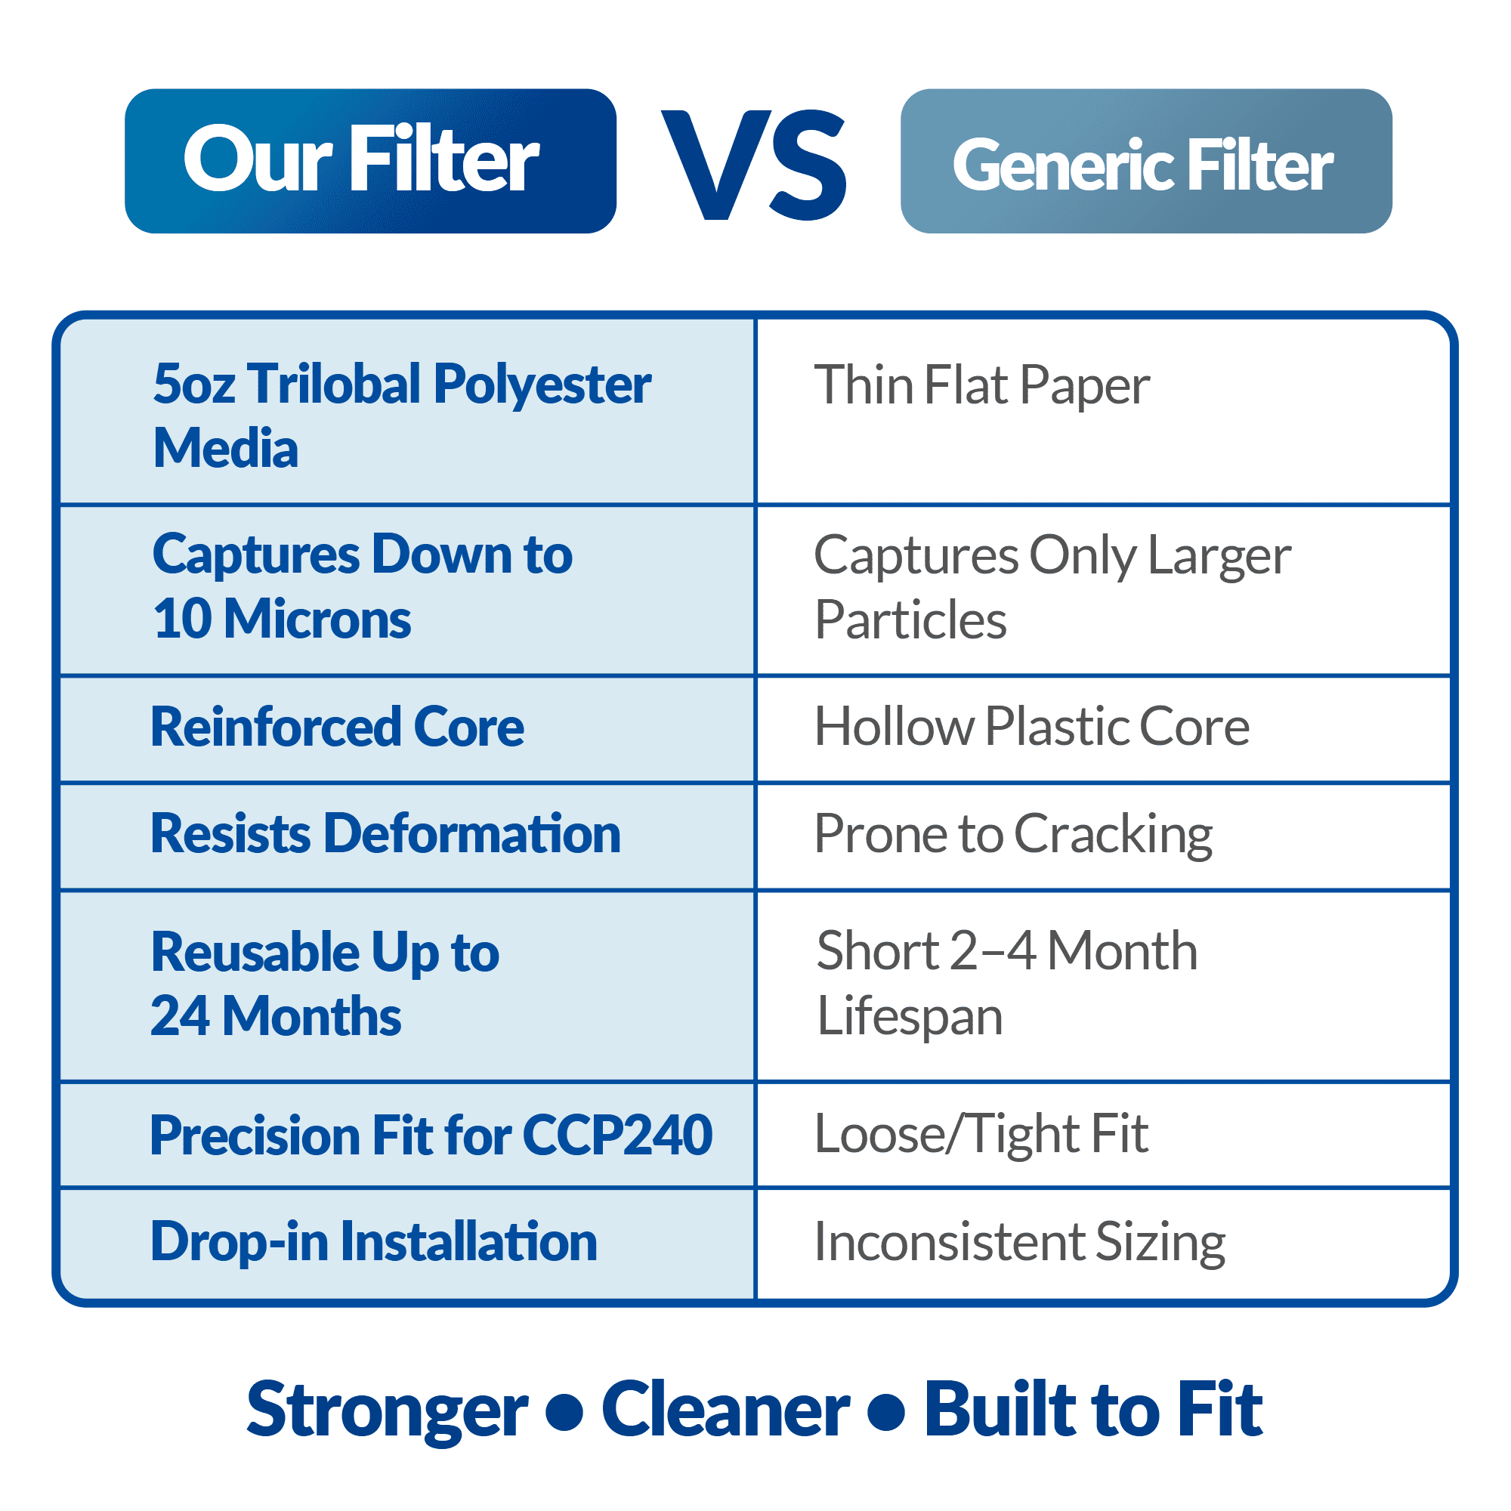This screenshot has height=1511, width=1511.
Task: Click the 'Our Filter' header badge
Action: (370, 161)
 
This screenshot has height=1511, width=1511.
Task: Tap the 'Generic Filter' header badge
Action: (1146, 161)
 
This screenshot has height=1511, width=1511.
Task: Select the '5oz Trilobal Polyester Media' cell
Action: (407, 412)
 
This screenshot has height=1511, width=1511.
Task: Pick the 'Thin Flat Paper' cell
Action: (1104, 412)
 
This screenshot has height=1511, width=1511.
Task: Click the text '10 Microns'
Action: (282, 619)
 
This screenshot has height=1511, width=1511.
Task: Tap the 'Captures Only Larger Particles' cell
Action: (1104, 590)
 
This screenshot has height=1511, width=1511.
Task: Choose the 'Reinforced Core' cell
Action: (407, 728)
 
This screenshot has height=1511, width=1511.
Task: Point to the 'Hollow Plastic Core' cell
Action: (1104, 728)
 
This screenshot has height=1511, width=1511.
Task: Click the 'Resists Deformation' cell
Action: (407, 836)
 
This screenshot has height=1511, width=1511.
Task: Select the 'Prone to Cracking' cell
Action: (1104, 836)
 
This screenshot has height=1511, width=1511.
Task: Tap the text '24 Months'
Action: (276, 1016)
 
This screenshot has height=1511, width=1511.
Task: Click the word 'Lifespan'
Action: (910, 1017)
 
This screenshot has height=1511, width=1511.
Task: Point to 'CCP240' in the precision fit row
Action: (617, 1135)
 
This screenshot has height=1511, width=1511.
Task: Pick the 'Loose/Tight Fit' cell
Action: (1104, 1135)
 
